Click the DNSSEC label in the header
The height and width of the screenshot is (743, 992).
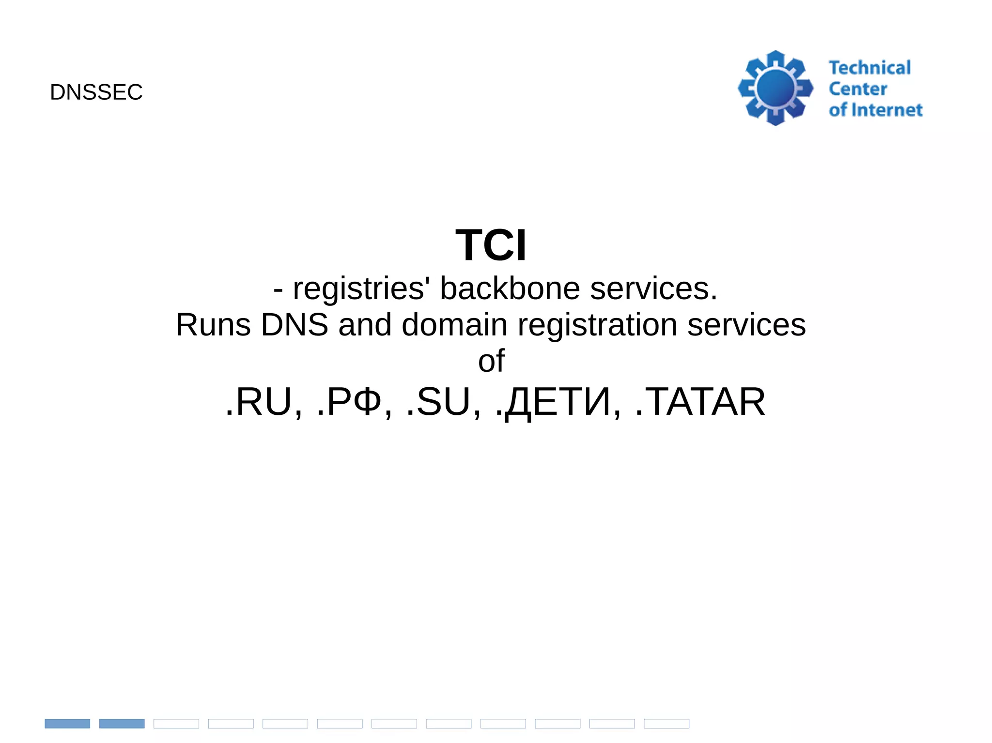coord(96,92)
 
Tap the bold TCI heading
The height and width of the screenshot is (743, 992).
coord(491,245)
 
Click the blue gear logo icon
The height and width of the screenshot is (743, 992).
coord(775,88)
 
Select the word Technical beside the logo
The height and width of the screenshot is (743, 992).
coord(869,68)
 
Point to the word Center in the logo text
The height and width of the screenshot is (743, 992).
coord(858,89)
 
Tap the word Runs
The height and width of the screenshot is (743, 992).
coord(213,325)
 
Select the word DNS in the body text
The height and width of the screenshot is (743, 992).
coord(294,325)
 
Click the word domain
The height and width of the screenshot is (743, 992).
coord(454,325)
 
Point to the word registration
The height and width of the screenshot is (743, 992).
coord(597,326)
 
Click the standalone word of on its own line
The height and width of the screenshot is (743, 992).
coord(491,361)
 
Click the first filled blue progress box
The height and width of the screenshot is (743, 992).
coord(67,724)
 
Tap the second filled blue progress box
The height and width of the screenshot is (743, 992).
coord(122,724)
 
